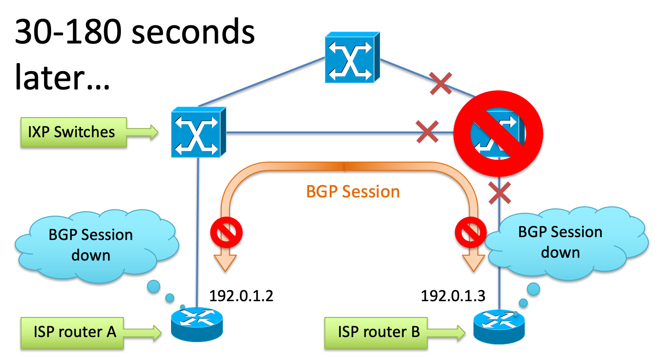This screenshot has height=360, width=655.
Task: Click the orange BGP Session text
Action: pos(353,192)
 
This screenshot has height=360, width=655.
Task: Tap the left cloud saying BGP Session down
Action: pos(91,245)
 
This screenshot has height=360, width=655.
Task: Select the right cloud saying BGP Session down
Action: pos(560,242)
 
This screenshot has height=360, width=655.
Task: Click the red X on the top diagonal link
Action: pos(440,83)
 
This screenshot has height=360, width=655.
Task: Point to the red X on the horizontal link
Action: pos(428,132)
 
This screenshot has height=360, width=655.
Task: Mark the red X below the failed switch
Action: pos(500,194)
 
